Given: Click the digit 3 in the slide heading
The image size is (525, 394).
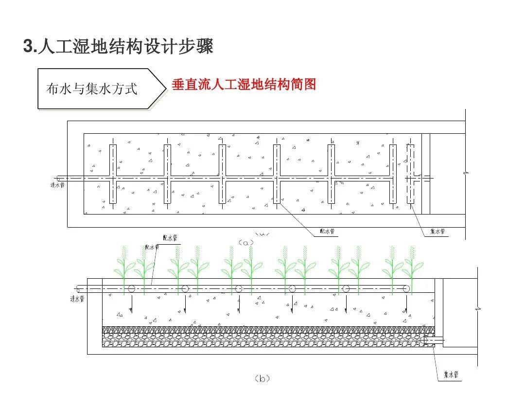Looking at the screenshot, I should point(28,47).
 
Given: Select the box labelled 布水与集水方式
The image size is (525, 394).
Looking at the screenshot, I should point(92,89).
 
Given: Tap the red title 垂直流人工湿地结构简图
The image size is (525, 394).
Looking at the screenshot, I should point(244,85).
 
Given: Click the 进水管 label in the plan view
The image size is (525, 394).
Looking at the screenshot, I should point(57,185).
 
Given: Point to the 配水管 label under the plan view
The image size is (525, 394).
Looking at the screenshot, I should point(326,231).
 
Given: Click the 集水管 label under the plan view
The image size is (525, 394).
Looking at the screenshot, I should point(437,232).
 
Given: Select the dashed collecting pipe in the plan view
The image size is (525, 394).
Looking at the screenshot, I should point(410,174).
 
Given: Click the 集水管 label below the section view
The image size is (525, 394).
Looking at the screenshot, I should point(451,375).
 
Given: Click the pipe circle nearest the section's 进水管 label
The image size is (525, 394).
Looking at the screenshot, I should point(131,288).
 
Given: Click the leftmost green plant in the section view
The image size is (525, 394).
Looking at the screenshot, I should point(123,268).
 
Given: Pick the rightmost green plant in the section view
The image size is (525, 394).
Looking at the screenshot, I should point(412,268).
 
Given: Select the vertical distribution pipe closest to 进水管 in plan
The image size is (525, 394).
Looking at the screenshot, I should point(113,174).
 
